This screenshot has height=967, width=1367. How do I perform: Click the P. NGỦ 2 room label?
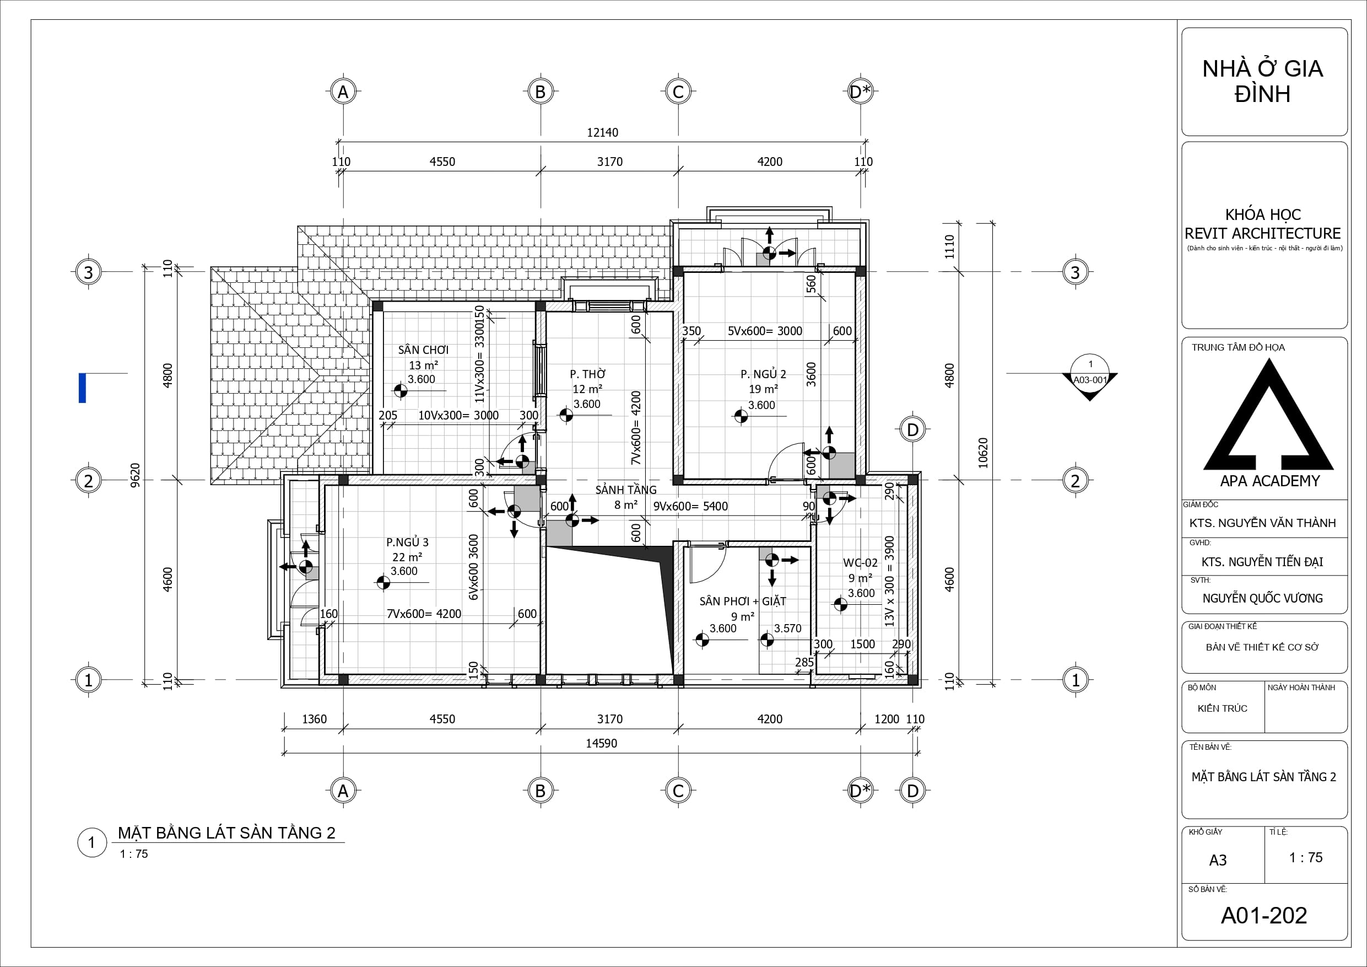763,374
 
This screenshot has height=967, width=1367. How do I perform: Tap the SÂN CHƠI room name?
423,350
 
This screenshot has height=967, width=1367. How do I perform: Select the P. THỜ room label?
588,374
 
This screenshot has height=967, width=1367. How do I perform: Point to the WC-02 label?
860,562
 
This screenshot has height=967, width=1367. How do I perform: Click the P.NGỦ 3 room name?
407,542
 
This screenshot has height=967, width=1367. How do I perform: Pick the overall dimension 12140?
603,132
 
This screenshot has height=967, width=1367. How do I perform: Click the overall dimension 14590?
601,743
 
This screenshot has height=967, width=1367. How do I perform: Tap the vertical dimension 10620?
983,453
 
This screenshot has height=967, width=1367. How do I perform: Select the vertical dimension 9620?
135,475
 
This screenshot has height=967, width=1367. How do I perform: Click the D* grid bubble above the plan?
860,92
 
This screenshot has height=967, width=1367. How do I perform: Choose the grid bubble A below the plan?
343,791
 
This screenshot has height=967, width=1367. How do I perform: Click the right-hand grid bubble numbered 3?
1076,272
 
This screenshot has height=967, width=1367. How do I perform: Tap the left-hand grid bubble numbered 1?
89,680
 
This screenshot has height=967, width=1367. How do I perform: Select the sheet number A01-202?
1263,915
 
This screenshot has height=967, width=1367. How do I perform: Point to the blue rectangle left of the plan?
82,388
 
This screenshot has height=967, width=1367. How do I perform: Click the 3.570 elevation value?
788,628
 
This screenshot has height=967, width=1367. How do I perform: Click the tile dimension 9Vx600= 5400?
690,506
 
